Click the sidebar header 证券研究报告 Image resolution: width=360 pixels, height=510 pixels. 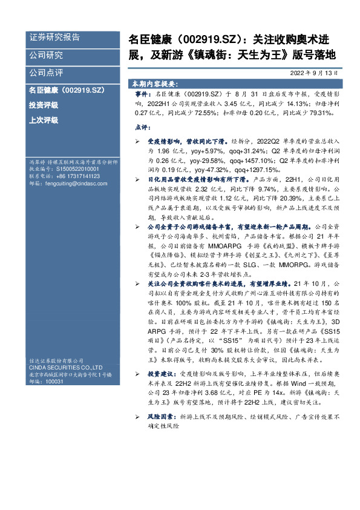point(54,38)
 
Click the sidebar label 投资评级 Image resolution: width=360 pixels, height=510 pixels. point(44,105)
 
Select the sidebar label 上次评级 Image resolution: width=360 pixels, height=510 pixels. point(44,120)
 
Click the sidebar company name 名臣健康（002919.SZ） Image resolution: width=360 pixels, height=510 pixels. point(67,90)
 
